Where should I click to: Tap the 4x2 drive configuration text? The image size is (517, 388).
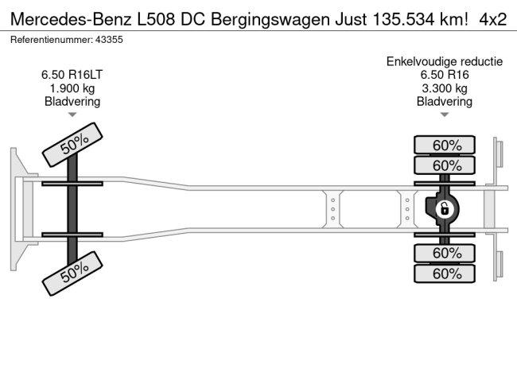click(x=493, y=18)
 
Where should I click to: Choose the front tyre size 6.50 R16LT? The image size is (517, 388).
click(x=72, y=76)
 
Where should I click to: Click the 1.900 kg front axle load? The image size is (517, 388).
click(x=72, y=88)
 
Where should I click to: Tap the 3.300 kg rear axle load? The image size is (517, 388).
click(x=444, y=88)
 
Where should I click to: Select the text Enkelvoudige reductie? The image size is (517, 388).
click(x=444, y=62)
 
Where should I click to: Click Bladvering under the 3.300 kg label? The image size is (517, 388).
click(x=444, y=101)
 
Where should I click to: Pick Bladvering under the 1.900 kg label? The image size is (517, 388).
click(x=72, y=101)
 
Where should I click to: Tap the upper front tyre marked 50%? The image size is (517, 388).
click(x=72, y=145)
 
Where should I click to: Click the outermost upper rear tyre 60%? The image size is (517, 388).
click(x=444, y=145)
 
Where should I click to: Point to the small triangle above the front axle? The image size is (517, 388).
click(x=72, y=115)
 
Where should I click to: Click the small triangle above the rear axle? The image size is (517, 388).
click(x=444, y=115)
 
